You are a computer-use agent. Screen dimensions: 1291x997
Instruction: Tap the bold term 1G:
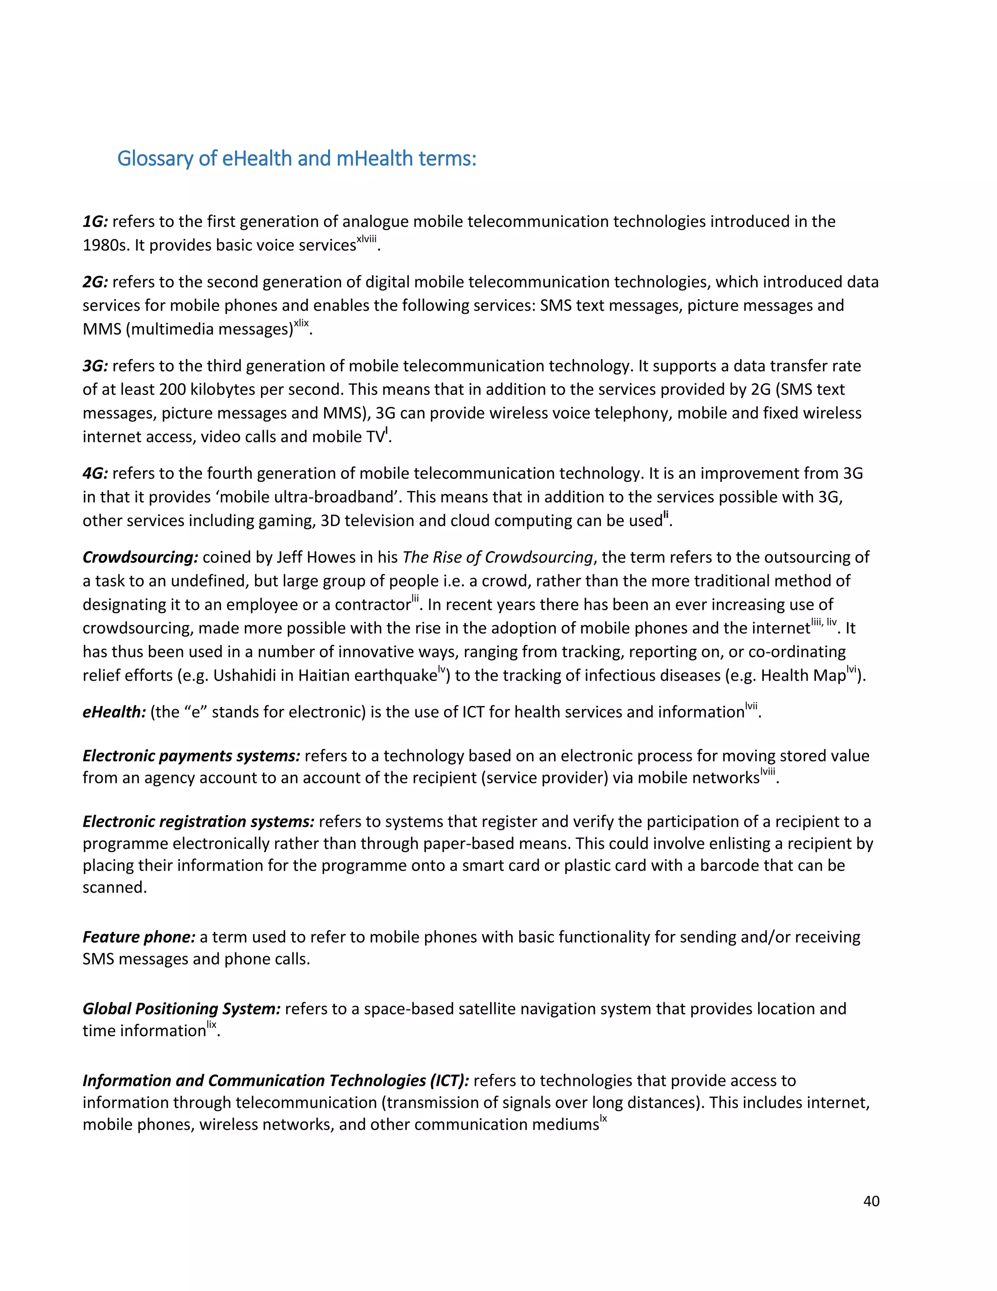click(95, 222)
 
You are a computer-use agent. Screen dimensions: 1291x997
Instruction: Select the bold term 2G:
click(95, 282)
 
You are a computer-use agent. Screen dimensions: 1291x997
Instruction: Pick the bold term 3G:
click(95, 366)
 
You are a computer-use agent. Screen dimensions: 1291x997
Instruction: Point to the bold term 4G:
click(95, 474)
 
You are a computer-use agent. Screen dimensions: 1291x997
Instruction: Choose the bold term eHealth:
click(114, 712)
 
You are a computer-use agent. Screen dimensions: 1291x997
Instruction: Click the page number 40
click(871, 1201)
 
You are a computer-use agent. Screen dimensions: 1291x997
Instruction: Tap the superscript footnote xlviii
click(366, 239)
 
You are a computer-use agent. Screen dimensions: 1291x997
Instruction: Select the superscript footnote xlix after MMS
click(301, 323)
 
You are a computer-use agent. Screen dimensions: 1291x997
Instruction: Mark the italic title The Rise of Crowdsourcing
click(498, 557)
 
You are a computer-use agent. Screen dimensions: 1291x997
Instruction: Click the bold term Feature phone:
click(139, 937)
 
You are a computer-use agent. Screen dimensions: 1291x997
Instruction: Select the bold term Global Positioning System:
click(181, 1008)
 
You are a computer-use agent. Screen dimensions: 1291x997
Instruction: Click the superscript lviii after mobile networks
click(768, 771)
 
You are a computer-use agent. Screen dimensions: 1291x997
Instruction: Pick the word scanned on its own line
click(114, 887)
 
